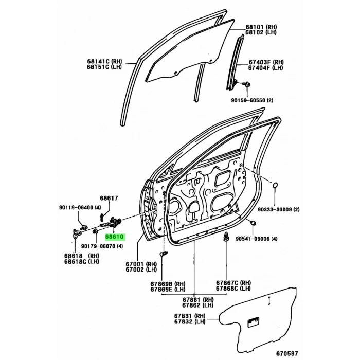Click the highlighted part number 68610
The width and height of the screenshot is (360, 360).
115,238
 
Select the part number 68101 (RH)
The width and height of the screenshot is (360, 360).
261,26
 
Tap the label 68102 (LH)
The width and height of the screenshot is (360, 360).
261,32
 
